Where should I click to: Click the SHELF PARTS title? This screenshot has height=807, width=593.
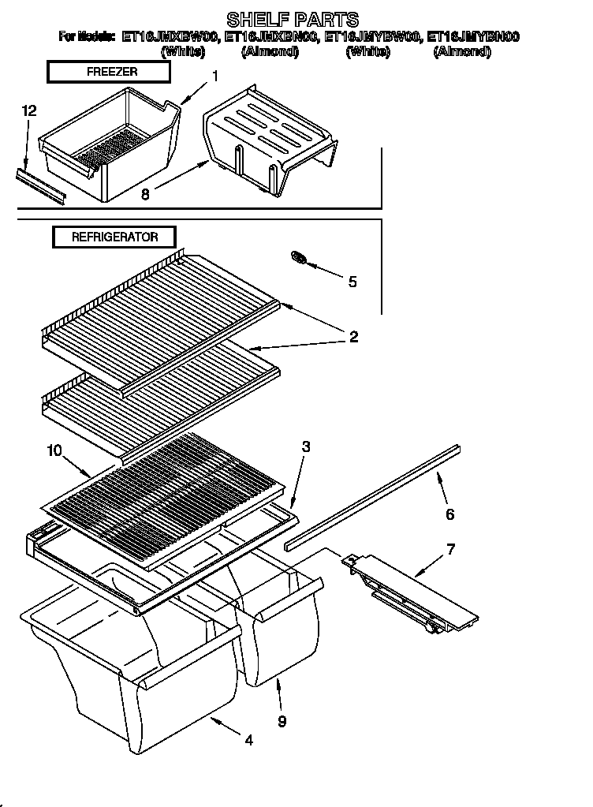click(x=293, y=18)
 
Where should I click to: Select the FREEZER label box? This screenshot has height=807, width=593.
click(x=109, y=72)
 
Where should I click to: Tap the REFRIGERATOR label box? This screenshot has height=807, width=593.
click(x=114, y=237)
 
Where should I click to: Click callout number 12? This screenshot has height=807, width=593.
click(x=28, y=112)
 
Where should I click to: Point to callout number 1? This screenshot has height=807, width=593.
click(x=214, y=77)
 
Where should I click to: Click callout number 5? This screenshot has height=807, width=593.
click(x=352, y=281)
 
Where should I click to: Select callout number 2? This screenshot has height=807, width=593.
click(x=353, y=337)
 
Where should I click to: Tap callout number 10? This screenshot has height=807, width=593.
click(x=54, y=450)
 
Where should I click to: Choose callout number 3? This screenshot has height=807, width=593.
click(x=305, y=446)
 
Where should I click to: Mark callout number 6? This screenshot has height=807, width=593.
click(x=449, y=514)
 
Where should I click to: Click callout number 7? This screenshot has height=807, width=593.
click(x=450, y=548)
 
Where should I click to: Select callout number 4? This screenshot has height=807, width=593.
click(x=248, y=740)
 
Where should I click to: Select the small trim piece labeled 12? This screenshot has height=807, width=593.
click(x=39, y=185)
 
